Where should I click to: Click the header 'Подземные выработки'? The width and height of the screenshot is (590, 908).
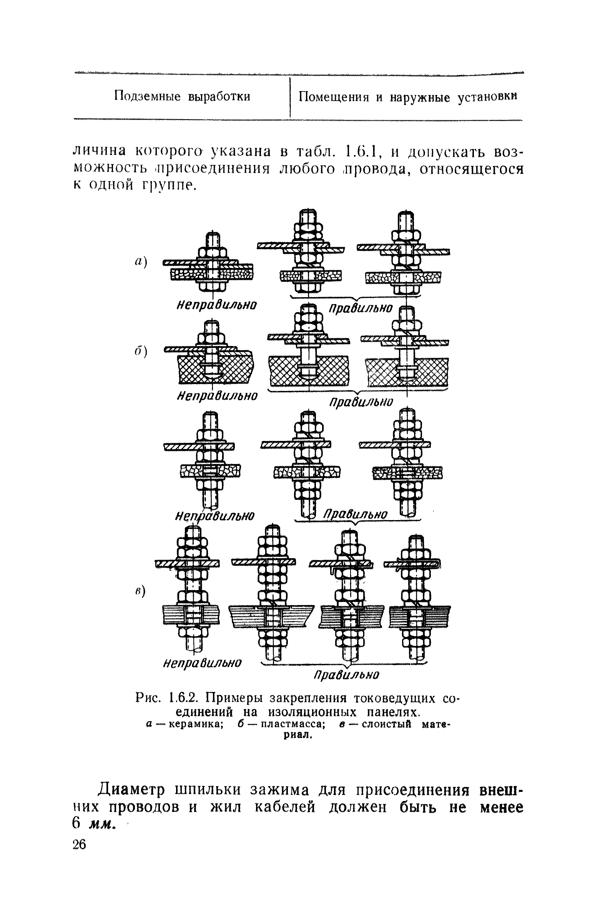pyautogui.click(x=182, y=96)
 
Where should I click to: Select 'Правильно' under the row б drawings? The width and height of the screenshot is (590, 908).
pyautogui.click(x=362, y=401)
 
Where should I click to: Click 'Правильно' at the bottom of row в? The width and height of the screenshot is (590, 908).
pyautogui.click(x=347, y=675)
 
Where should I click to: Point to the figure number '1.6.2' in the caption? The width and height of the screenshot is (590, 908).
pyautogui.click(x=186, y=696)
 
